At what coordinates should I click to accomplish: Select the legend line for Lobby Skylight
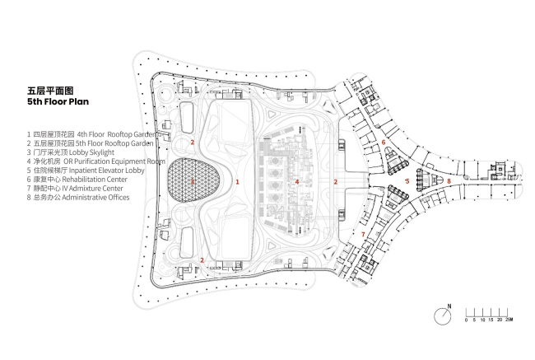click(x=69, y=152)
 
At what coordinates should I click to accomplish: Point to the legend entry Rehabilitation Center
click(x=77, y=180)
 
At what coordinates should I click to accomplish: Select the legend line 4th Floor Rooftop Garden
click(x=91, y=133)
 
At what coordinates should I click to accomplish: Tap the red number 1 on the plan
click(x=237, y=180)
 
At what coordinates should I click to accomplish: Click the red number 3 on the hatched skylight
click(x=192, y=180)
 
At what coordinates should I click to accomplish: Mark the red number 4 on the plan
click(x=296, y=180)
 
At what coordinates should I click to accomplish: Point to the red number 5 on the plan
click(x=407, y=180)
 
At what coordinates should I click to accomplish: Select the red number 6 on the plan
click(x=384, y=142)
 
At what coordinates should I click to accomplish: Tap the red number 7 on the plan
click(x=363, y=234)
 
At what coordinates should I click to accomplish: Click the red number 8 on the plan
click(x=449, y=180)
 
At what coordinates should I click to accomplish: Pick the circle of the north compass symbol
click(x=443, y=315)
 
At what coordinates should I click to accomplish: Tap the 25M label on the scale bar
click(x=509, y=319)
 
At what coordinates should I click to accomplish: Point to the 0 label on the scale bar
click(x=467, y=319)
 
